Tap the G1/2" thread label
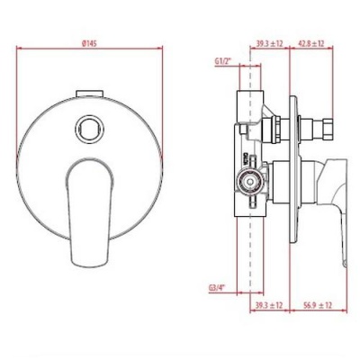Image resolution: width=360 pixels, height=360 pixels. tap(222, 60)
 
